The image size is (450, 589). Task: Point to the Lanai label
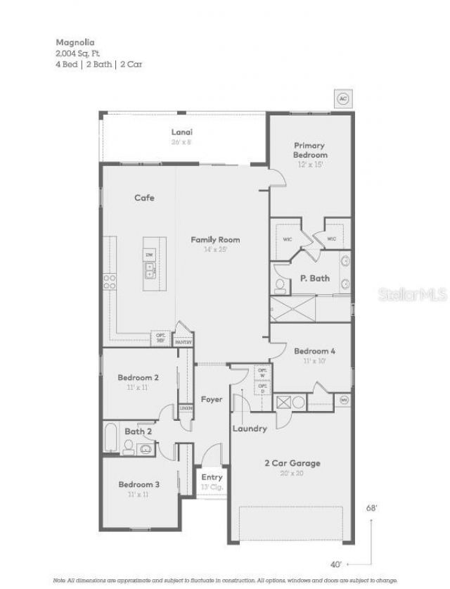(x=182, y=132)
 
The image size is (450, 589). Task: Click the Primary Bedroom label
(x=310, y=150)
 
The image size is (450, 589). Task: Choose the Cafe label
(x=144, y=198)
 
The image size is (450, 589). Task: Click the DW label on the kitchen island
(x=149, y=254)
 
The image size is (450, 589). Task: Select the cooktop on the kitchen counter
(x=110, y=281)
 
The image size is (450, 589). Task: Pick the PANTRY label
(x=184, y=343)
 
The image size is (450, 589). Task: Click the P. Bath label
(x=315, y=278)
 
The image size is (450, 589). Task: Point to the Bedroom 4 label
(x=314, y=351)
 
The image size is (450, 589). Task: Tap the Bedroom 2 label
(x=138, y=377)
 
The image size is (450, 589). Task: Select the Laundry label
(x=249, y=429)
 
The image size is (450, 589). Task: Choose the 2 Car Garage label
(x=292, y=463)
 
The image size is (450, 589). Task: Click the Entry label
(x=212, y=477)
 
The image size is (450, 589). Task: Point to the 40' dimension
(x=337, y=564)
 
